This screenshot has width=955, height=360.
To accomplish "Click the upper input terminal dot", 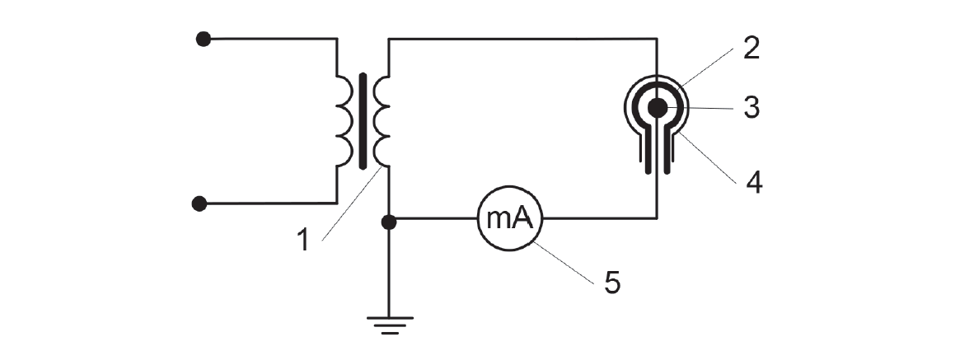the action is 204,39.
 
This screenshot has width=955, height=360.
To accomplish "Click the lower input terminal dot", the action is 199,203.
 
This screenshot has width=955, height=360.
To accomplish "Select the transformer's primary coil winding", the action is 344,121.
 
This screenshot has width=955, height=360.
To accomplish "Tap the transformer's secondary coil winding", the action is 382,121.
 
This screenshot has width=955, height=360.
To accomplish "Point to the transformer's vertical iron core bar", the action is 363,121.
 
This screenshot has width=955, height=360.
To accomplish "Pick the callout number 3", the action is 751,109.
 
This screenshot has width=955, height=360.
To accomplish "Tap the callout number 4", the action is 754,183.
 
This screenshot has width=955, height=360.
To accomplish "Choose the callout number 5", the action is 612,283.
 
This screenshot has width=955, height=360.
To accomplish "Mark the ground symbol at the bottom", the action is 389,325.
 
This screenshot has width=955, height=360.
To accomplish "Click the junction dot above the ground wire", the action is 389,222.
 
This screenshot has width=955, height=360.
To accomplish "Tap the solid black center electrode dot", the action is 658,108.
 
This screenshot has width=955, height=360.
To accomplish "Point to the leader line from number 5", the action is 562,262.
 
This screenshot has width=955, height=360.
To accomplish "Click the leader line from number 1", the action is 352,203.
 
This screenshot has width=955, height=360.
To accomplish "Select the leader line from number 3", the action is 700,109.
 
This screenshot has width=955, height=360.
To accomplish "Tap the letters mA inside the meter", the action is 510,218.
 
